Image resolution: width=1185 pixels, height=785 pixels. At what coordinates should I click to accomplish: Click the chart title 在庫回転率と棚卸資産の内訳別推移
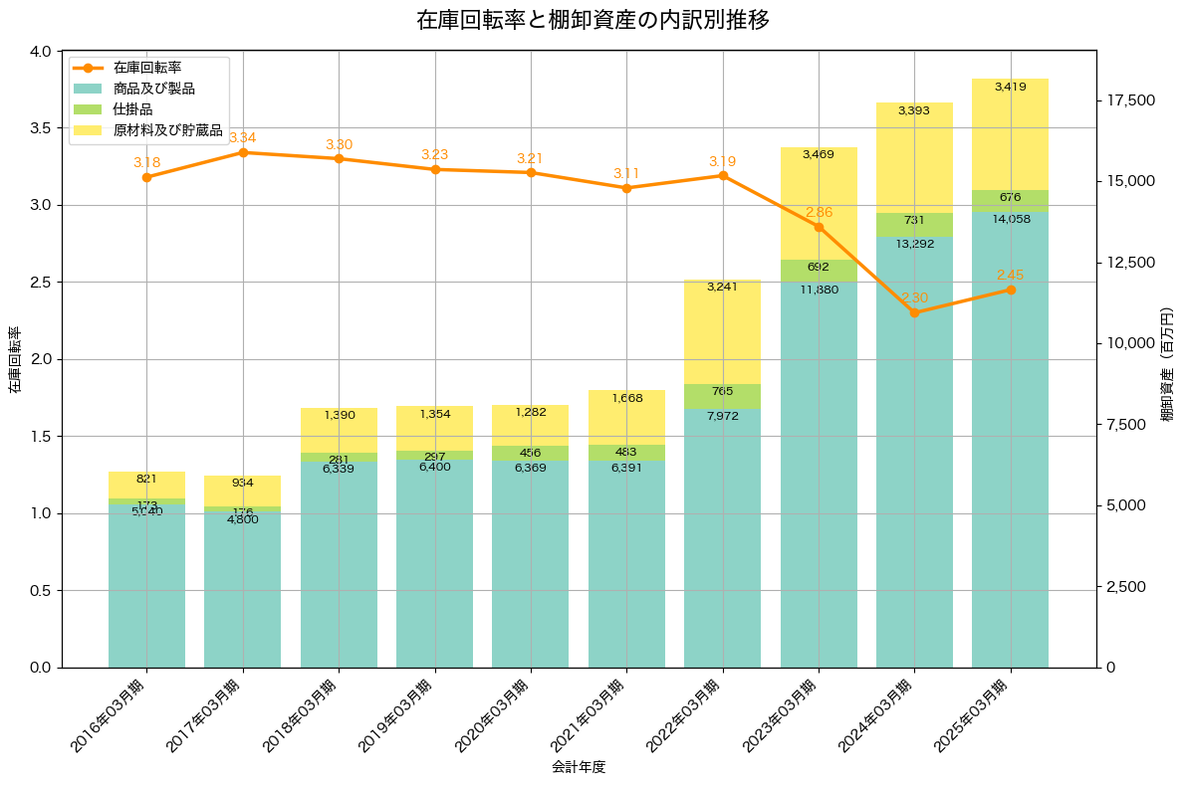[x=592, y=20]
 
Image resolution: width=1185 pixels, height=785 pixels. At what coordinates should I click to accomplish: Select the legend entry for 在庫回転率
[x=146, y=68]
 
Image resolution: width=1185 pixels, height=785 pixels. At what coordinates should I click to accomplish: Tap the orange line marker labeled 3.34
[x=243, y=152]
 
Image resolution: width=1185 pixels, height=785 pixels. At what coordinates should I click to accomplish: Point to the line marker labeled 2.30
[x=914, y=312]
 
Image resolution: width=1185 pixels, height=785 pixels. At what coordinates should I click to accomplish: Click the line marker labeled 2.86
[x=819, y=227]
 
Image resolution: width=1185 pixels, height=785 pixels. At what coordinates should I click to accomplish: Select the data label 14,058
[x=1011, y=219]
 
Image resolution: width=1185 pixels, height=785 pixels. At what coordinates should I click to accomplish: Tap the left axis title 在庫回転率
[x=14, y=359]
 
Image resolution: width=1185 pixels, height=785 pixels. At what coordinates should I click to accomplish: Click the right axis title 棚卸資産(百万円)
[x=1167, y=364]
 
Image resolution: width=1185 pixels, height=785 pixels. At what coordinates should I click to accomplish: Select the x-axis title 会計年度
[x=579, y=767]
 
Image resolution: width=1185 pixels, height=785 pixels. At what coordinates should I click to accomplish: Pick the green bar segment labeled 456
[x=531, y=454]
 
